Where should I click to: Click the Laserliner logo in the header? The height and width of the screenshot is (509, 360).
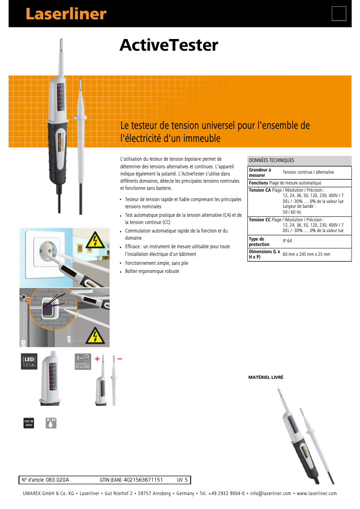tap(66, 14)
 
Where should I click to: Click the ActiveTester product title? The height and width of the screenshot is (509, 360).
tap(168, 45)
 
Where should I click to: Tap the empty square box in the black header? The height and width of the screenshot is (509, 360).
tap(339, 14)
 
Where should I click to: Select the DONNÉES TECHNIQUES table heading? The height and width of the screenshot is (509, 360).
tap(271, 160)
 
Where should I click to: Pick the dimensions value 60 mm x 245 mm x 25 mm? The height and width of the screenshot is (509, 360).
tap(306, 254)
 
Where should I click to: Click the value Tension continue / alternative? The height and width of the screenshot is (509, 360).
tap(308, 172)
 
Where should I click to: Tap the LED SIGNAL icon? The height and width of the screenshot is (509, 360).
tap(30, 362)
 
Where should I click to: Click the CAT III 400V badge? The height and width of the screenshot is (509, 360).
tap(29, 423)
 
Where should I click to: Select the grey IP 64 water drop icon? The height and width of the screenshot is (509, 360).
tap(51, 423)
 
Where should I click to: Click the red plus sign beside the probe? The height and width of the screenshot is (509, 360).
tap(97, 359)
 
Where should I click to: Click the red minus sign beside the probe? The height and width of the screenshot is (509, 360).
tap(119, 359)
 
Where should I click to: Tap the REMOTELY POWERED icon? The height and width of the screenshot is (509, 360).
tap(83, 362)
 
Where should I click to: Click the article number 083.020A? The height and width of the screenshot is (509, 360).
tap(57, 480)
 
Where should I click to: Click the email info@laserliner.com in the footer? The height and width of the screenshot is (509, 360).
tap(271, 494)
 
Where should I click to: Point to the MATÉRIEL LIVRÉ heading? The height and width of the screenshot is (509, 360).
tap(266, 377)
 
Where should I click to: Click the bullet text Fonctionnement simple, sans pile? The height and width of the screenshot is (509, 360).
tap(156, 263)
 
